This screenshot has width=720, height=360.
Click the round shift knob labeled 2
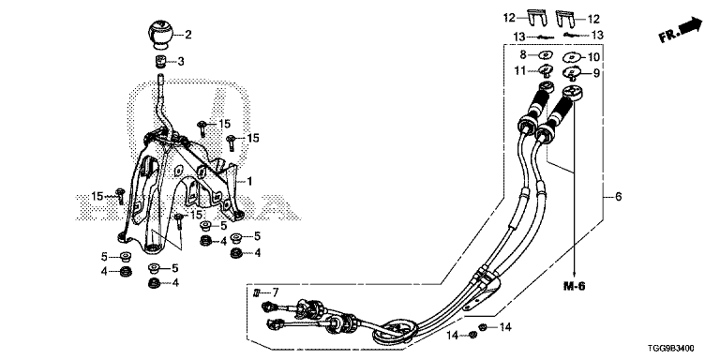(159, 34)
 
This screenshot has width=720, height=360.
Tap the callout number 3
(181, 61)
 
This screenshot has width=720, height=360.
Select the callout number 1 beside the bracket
(249, 182)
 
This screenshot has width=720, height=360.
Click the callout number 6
(618, 197)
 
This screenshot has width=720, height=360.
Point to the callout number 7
(275, 292)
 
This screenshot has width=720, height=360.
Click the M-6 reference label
(575, 287)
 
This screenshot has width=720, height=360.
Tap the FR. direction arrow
(681, 30)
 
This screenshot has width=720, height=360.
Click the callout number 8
(522, 54)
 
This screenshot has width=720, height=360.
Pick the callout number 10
(593, 57)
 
